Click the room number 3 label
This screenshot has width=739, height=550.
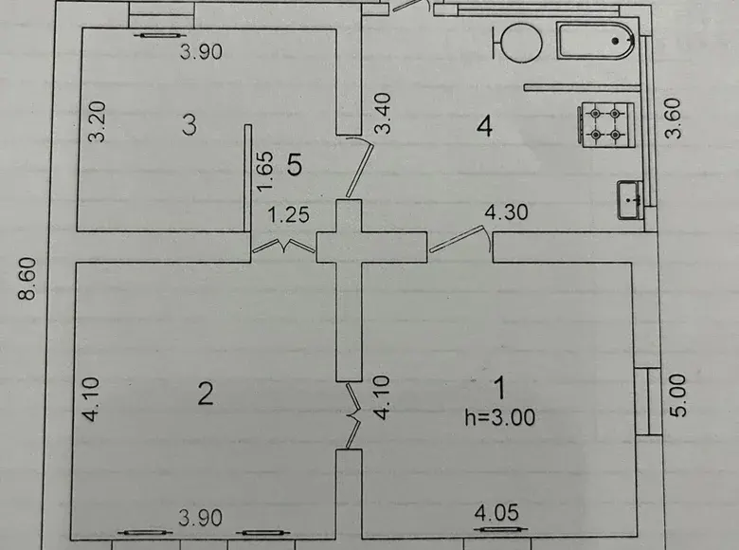[189, 125]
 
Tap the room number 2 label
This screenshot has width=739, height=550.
[206, 394]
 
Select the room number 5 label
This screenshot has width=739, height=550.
[295, 165]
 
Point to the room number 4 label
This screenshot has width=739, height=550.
[484, 126]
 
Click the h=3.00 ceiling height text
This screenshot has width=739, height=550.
[500, 417]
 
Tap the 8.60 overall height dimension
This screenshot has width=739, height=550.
[27, 278]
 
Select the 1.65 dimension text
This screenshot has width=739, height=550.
[265, 171]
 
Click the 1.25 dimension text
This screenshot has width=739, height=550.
[288, 215]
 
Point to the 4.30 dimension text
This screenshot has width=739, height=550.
[507, 212]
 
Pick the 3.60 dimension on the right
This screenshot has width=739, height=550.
[673, 118]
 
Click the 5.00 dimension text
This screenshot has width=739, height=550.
[677, 395]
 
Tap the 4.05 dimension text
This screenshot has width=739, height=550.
[496, 512]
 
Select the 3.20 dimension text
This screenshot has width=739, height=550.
[98, 121]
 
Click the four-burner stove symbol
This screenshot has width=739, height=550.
[605, 125]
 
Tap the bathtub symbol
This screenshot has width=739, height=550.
[596, 41]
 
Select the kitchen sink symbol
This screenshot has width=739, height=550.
[630, 200]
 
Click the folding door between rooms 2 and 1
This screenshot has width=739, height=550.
[352, 415]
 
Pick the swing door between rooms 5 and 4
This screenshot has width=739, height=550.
[359, 166]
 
